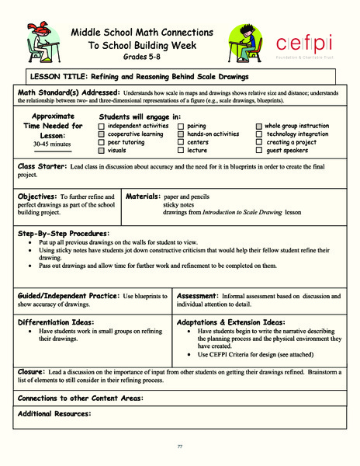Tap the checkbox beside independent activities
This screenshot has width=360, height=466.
[102, 125]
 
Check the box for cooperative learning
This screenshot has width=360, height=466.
[102, 134]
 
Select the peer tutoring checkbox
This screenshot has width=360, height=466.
[102, 142]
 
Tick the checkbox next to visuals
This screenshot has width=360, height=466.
[102, 151]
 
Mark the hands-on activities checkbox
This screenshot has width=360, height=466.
[182, 134]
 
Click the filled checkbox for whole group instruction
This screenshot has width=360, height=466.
[259, 125]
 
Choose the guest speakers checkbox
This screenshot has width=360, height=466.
[259, 151]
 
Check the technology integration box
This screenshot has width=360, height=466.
[259, 134]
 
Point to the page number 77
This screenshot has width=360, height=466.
[179, 445]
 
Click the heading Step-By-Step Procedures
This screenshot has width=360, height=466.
[64, 233]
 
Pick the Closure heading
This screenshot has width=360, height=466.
[34, 372]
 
